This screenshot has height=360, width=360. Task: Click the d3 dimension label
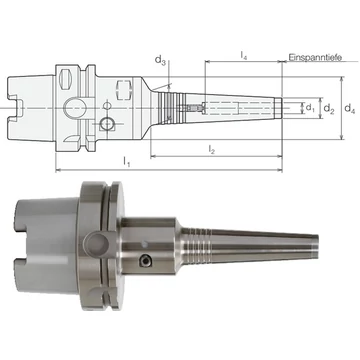(x=160, y=61)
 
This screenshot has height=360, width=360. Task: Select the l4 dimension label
(x=244, y=56)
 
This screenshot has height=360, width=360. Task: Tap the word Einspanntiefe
(x=315, y=57)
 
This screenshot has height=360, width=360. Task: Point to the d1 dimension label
(x=310, y=108)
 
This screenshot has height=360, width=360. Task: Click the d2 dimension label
(x=329, y=108)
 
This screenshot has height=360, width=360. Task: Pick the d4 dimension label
(x=350, y=108)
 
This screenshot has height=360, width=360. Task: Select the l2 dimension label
(x=212, y=150)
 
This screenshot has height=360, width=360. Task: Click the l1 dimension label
(x=127, y=162)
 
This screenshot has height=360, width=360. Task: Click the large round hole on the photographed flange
(x=96, y=243)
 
